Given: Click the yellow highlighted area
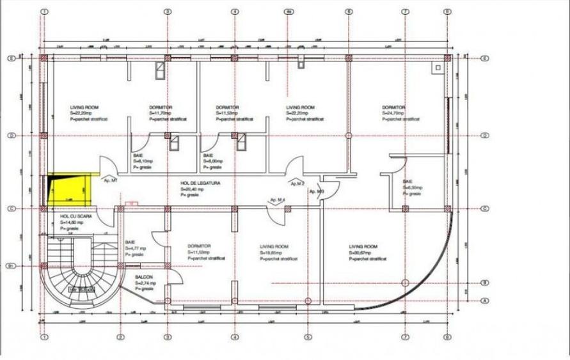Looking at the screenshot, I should pos(67,189).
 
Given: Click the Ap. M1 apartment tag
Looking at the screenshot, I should pos(110,181).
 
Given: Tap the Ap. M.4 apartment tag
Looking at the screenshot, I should pos(279,201).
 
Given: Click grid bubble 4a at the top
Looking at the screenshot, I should pos(289,12).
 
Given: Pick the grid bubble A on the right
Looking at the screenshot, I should pos(485,301).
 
